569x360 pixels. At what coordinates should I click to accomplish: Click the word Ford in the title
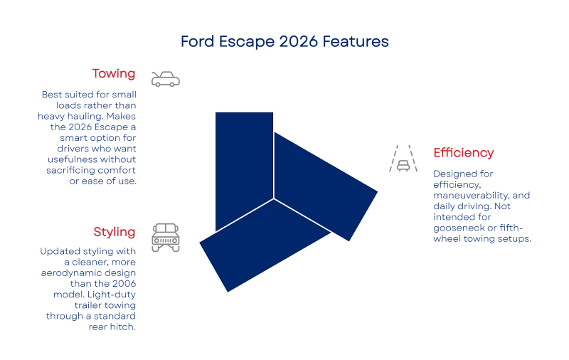(193, 42)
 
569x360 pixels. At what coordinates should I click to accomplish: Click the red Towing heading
(113, 74)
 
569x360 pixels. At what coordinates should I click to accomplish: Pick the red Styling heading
(114, 232)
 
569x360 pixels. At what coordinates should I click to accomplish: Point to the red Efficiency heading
(463, 153)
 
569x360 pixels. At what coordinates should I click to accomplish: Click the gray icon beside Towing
(164, 78)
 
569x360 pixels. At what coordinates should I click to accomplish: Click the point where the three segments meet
(274, 198)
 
